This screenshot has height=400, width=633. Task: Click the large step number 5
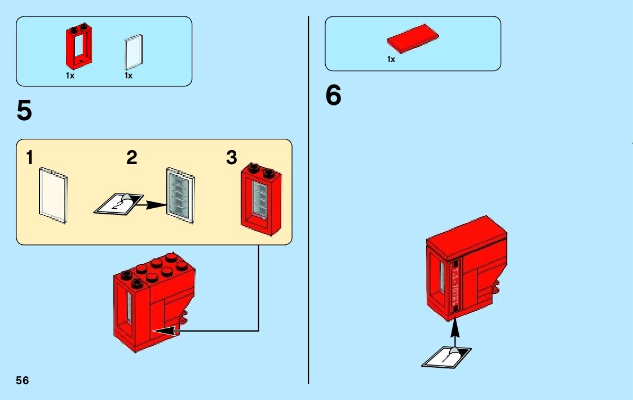[x=24, y=111]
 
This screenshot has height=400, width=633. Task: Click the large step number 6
[x=333, y=95]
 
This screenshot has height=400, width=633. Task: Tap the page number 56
[x=23, y=380]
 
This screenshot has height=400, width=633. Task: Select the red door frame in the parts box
[x=79, y=45]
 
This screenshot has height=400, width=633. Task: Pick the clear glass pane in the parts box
[x=134, y=51]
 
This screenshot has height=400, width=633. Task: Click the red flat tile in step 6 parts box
[x=413, y=41]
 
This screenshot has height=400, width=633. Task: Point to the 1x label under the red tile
[x=391, y=59]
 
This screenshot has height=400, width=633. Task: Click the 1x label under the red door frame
[x=70, y=76]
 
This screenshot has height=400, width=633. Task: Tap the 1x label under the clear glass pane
[x=129, y=76]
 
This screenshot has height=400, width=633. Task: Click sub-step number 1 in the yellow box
[x=29, y=159]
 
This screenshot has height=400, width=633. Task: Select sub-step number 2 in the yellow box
[x=132, y=159]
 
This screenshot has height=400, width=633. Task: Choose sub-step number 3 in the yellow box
[x=231, y=159]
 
